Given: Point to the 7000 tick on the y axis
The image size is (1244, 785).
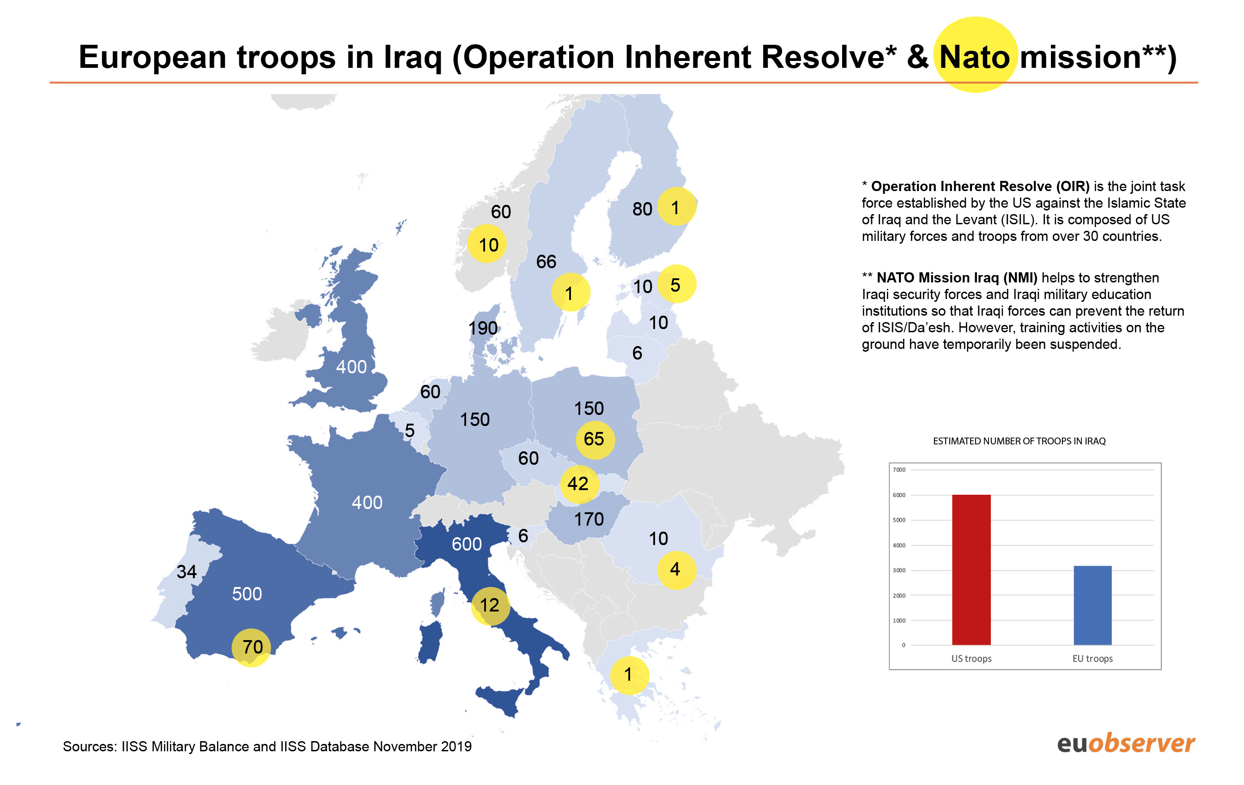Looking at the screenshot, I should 899,470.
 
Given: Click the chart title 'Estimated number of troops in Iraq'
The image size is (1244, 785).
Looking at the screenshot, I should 1019,441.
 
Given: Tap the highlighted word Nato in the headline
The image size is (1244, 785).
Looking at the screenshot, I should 974,56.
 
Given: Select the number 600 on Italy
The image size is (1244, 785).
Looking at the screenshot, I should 467,544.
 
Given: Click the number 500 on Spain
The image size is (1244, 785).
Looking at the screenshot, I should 247,593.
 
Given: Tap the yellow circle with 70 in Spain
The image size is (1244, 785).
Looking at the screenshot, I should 252,647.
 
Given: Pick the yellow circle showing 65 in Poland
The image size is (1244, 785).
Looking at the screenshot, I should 594,439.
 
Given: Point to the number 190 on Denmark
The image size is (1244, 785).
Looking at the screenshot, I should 483,328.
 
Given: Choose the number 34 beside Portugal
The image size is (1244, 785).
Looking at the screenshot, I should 187,571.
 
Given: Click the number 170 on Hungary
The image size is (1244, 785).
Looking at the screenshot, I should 589,519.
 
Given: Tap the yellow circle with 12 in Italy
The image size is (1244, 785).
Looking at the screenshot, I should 490,605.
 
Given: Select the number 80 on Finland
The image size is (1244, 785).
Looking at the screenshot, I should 642,209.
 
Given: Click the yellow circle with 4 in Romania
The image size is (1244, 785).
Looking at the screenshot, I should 675,569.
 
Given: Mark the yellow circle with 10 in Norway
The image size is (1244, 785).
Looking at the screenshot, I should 488,245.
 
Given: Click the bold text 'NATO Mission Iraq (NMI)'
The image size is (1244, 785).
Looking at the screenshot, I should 956,278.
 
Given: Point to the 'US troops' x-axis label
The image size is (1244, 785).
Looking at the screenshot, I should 971,659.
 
